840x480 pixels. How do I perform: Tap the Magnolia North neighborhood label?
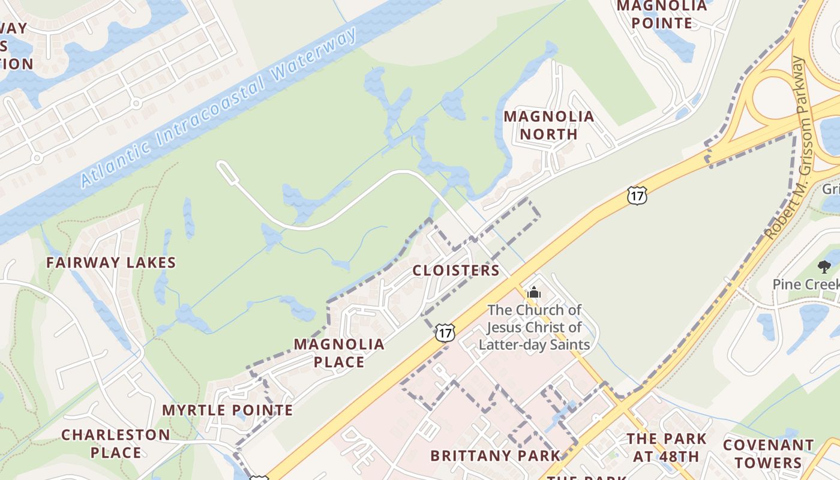[x=548, y=125]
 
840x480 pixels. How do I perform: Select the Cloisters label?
[x=456, y=271]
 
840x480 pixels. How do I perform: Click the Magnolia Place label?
[x=339, y=353]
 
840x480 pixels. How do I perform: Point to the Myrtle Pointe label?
[x=227, y=410]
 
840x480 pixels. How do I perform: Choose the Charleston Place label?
[x=116, y=443]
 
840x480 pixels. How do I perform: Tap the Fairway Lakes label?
[x=111, y=262]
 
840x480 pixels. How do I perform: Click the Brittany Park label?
[x=496, y=455]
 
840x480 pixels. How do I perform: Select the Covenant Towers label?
[x=768, y=454]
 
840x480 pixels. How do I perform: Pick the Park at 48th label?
[x=667, y=447]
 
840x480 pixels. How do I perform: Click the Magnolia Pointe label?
[x=662, y=14]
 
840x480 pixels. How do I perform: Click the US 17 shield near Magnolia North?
[x=637, y=195]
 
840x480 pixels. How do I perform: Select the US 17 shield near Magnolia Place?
[x=445, y=332]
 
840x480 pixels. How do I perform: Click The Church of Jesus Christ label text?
[x=534, y=327]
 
